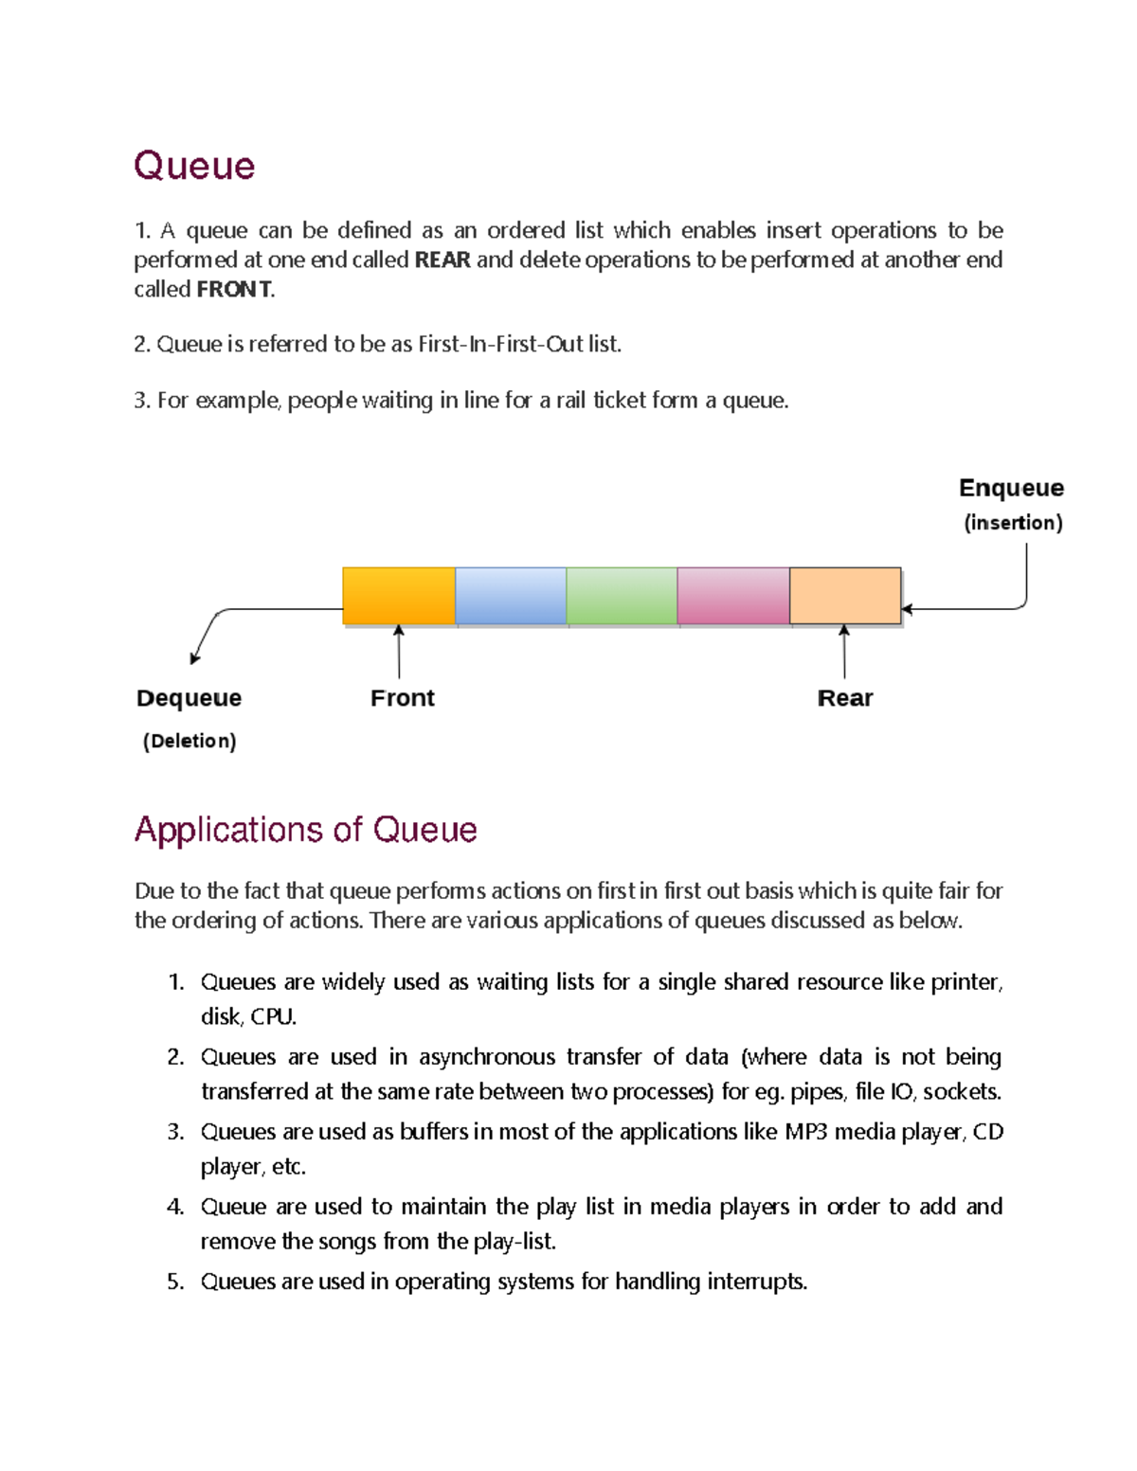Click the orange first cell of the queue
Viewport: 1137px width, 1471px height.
click(399, 596)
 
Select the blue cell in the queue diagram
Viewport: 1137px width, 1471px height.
click(511, 596)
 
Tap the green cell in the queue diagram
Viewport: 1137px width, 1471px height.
click(622, 596)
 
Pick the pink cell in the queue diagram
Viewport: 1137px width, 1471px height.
click(733, 596)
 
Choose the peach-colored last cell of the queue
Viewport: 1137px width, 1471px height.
click(845, 596)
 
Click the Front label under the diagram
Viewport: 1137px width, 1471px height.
click(403, 698)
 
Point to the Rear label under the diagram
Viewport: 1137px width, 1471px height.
click(845, 698)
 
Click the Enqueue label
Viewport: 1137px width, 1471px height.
click(1011, 488)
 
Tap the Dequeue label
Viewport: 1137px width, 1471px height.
click(189, 698)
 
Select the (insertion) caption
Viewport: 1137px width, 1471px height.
click(1013, 523)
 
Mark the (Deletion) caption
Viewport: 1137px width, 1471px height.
click(189, 741)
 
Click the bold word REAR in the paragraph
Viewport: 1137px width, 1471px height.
click(442, 260)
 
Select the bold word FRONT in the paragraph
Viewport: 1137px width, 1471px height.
click(234, 289)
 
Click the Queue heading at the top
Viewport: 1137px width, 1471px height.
click(194, 166)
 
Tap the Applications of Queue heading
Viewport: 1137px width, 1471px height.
click(305, 830)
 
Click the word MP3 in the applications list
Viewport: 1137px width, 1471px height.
click(806, 1132)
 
